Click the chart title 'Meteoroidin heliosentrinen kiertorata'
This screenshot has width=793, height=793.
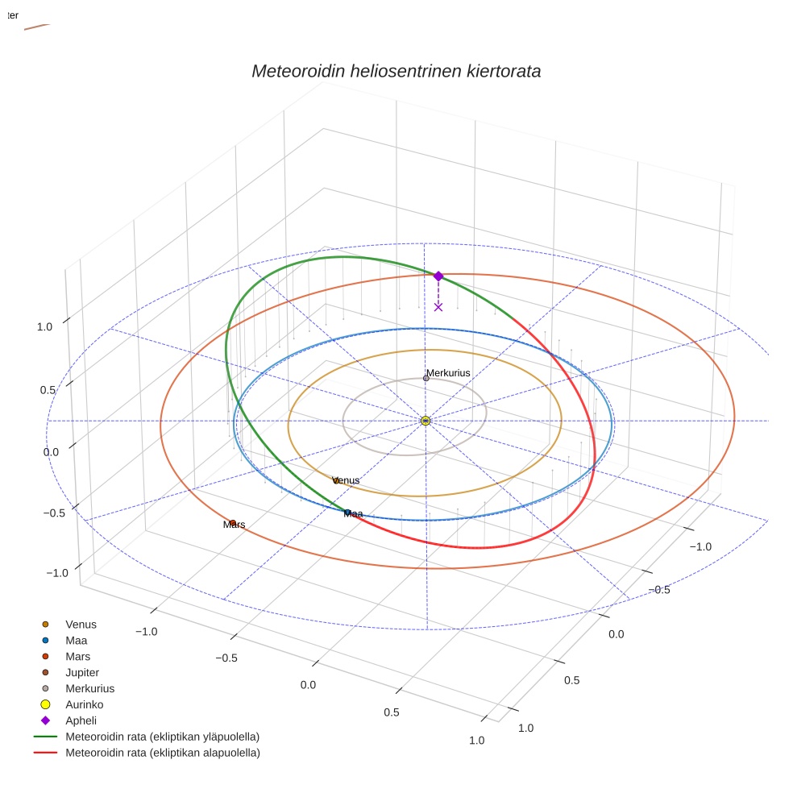coord(396,71)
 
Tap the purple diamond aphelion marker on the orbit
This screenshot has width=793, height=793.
coord(438,276)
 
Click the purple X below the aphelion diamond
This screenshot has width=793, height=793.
coord(438,306)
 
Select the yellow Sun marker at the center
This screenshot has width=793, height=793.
coord(426,421)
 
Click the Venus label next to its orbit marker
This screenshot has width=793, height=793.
coord(346,480)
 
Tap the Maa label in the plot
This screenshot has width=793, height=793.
coord(353,513)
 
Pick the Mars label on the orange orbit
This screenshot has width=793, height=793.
coord(234,525)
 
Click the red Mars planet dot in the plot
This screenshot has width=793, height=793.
coord(232,522)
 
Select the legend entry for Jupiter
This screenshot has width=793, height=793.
coord(82,672)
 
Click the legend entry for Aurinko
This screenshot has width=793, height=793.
coord(84,704)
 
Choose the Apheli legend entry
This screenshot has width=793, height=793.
coord(81,720)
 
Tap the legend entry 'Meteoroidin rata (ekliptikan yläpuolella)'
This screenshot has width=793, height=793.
coord(162,737)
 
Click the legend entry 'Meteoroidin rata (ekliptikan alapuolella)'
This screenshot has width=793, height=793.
coord(162,753)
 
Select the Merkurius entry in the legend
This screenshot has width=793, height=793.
coord(89,688)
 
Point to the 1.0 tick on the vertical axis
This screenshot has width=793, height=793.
coord(44,326)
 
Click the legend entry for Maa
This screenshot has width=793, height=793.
coord(76,640)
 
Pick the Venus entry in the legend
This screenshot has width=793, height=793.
coord(81,624)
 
